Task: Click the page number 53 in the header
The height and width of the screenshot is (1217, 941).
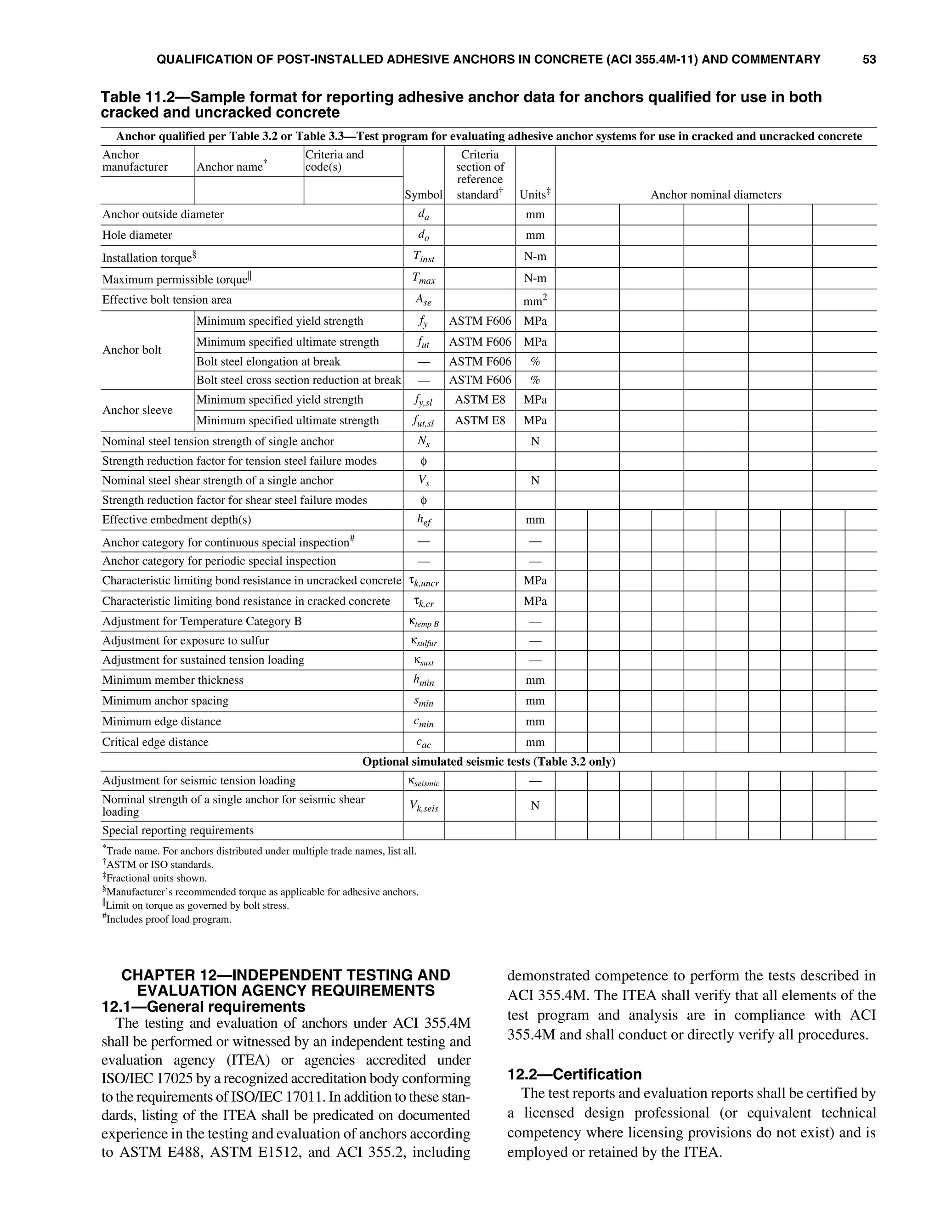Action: coord(868,60)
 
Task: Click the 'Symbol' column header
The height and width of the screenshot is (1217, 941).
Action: coord(424,194)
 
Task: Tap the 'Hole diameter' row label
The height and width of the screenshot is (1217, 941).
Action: coord(137,235)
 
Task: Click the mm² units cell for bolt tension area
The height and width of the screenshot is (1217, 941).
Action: coord(535,300)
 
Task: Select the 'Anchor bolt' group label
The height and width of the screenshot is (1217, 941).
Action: coord(131,350)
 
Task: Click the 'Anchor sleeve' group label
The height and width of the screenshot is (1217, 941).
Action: coord(137,410)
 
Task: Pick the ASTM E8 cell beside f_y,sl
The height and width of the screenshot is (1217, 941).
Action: coord(479,400)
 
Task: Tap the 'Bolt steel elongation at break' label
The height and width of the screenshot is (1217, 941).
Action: coord(268,361)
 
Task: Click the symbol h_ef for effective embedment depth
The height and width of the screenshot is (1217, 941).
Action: coord(424,520)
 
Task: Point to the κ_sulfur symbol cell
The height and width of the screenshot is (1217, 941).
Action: coord(424,642)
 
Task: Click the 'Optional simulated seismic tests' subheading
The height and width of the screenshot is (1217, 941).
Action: coord(488,762)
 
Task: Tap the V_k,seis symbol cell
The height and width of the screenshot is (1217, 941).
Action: coord(424,806)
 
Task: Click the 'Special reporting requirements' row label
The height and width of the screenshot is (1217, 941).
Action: coord(177,830)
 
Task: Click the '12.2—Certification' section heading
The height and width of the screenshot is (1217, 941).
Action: coord(574,1074)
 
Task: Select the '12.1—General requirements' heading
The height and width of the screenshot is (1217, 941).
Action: coord(204,1006)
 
